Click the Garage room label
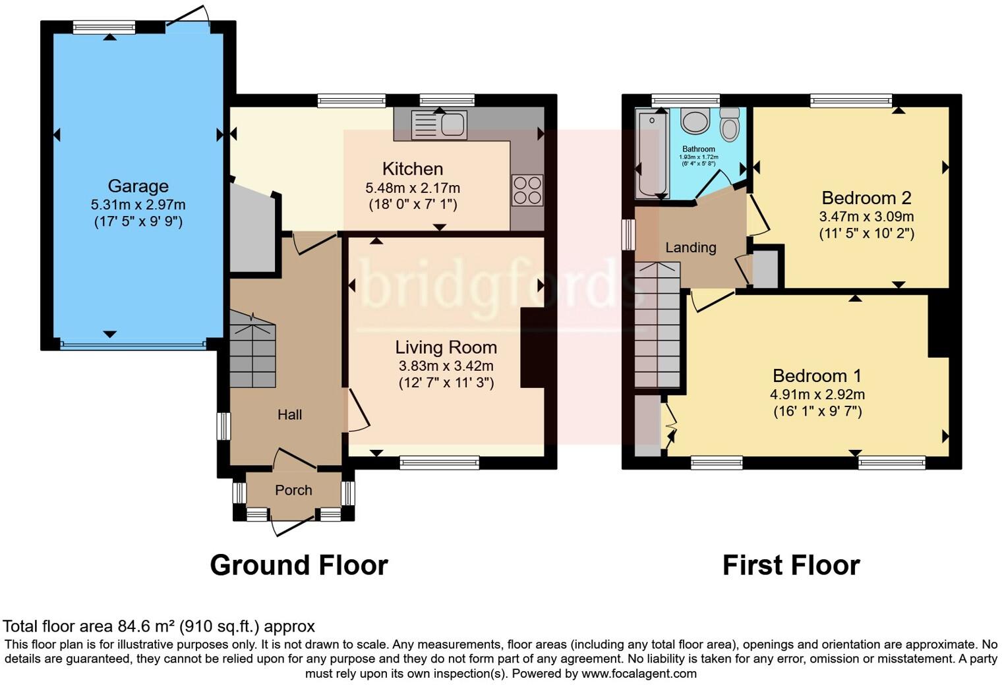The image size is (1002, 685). click(138, 186)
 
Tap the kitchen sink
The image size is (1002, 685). click(438, 124)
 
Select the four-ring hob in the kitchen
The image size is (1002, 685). click(527, 190)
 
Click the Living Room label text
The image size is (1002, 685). click(446, 348)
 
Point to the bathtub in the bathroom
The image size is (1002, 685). click(652, 154)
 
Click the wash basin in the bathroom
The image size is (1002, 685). click(693, 121)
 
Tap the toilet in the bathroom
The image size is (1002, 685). click(729, 125)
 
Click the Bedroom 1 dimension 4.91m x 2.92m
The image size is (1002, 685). click(817, 395)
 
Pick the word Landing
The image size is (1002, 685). click(690, 248)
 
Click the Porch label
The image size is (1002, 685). click(293, 490)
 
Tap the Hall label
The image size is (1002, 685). click(289, 414)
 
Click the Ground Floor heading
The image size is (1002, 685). click(299, 565)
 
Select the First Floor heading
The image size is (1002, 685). click(791, 565)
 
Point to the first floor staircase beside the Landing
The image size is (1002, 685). click(657, 326)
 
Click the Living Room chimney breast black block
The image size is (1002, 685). click(532, 348)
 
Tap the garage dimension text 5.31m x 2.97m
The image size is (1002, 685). click(138, 205)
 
